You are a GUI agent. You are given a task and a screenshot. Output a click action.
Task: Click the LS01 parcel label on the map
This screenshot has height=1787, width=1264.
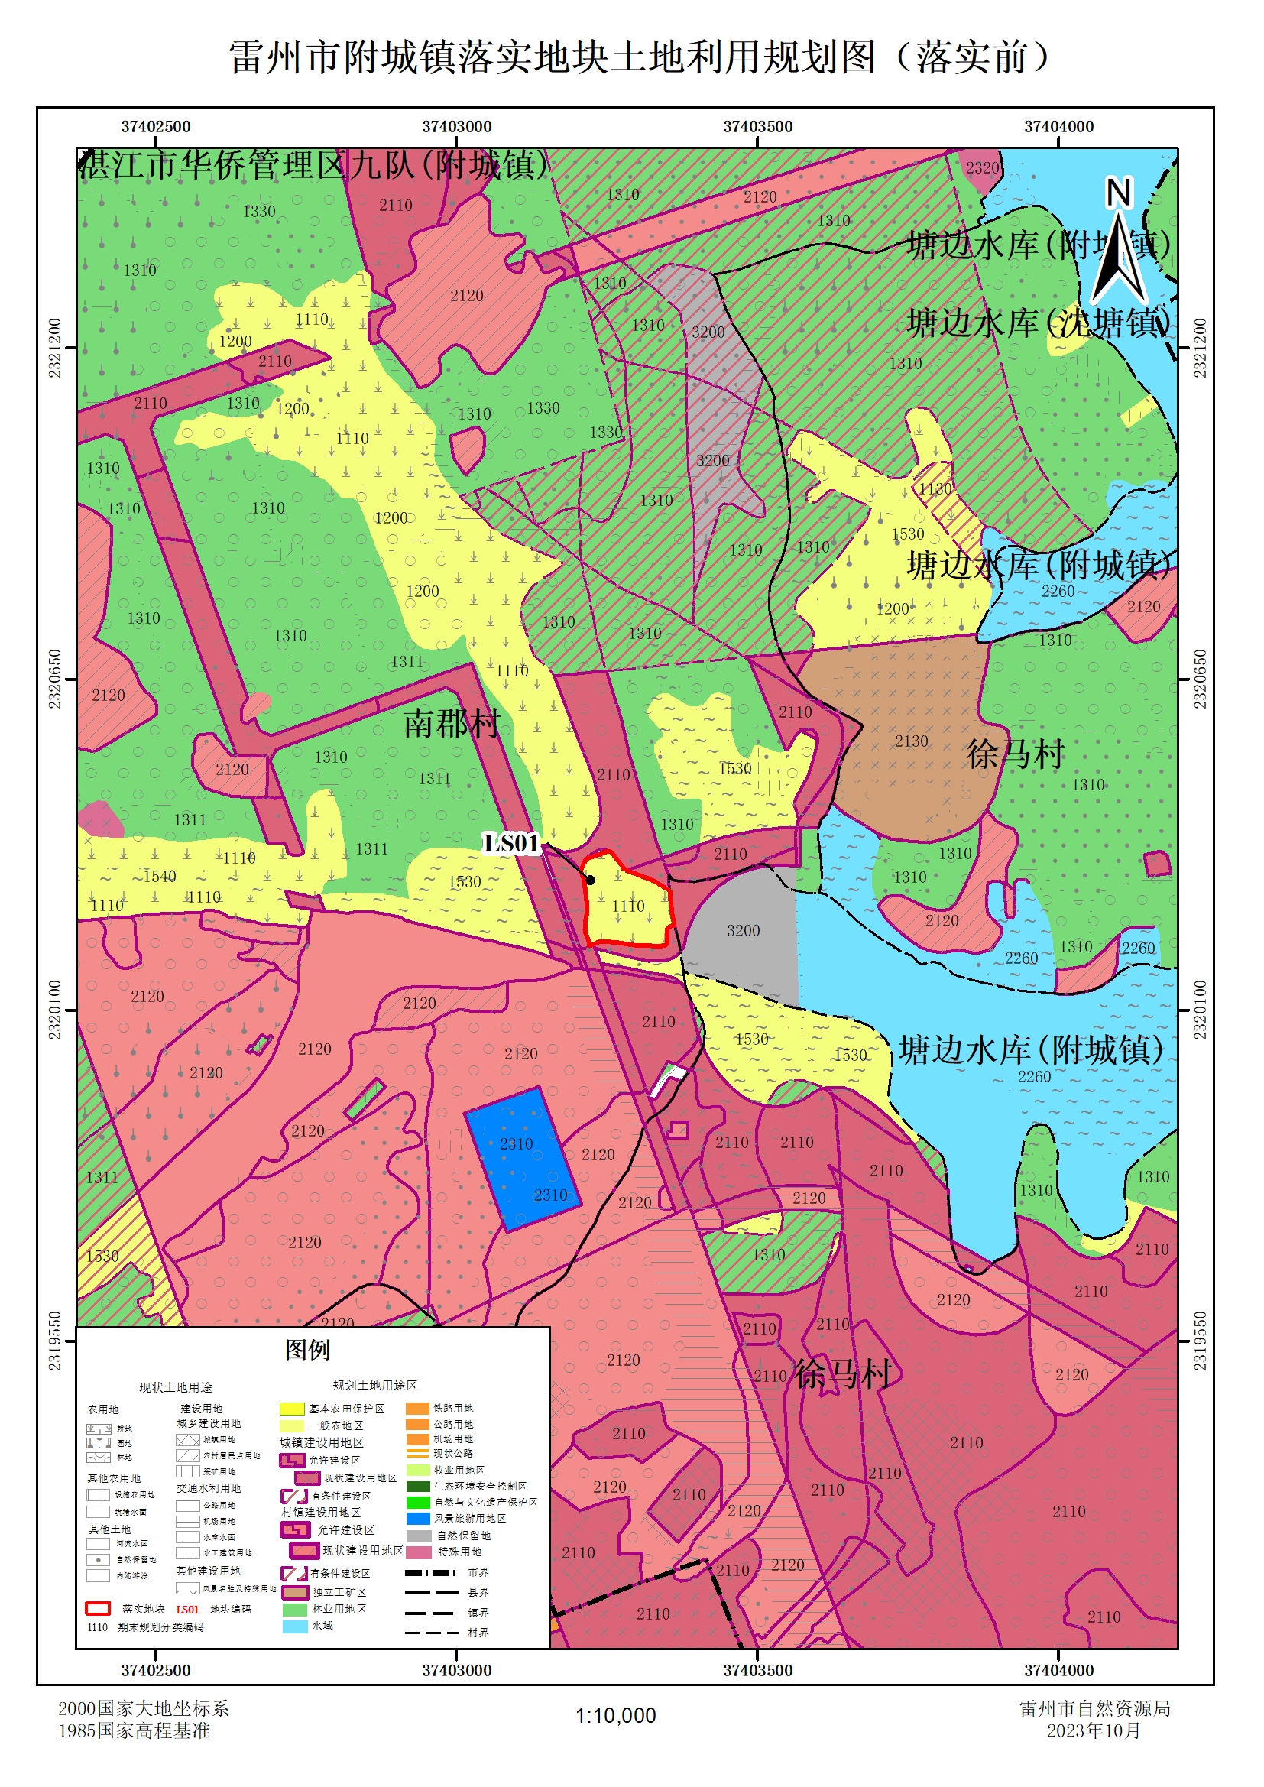click(x=510, y=843)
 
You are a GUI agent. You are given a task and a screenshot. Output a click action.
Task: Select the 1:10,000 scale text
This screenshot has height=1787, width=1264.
click(x=615, y=1715)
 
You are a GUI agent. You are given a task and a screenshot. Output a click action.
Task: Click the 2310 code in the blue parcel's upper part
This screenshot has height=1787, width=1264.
click(x=516, y=1143)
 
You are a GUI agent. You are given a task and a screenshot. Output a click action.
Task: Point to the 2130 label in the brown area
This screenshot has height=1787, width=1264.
click(x=911, y=741)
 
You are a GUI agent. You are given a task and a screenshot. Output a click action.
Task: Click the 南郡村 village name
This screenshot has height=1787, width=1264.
click(x=452, y=724)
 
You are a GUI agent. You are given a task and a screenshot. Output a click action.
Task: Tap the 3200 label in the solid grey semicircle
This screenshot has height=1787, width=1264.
click(x=743, y=930)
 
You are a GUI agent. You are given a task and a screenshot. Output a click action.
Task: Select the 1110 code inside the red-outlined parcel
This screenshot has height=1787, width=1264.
click(x=627, y=906)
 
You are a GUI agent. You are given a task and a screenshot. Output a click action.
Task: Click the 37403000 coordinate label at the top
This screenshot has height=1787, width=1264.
click(x=456, y=126)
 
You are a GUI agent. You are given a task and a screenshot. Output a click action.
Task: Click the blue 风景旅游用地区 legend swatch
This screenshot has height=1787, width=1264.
click(x=418, y=1519)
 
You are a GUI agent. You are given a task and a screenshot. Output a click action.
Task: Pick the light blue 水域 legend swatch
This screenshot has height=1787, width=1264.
click(x=294, y=1626)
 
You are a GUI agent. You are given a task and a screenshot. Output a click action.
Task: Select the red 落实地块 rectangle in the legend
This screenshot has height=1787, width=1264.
click(x=97, y=1609)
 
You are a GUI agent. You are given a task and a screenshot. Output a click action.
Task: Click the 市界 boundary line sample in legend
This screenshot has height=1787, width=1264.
click(x=429, y=1573)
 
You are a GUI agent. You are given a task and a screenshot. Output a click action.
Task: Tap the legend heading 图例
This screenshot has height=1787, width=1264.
click(x=306, y=1350)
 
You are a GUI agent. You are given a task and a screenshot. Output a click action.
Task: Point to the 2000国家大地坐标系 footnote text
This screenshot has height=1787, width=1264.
click(x=143, y=1708)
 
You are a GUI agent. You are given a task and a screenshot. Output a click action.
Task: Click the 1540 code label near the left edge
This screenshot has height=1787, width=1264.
click(x=160, y=877)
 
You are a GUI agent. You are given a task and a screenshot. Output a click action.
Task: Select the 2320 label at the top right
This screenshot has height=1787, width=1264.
click(x=981, y=167)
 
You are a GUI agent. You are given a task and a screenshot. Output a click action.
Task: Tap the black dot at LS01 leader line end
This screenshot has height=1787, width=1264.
click(x=591, y=880)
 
